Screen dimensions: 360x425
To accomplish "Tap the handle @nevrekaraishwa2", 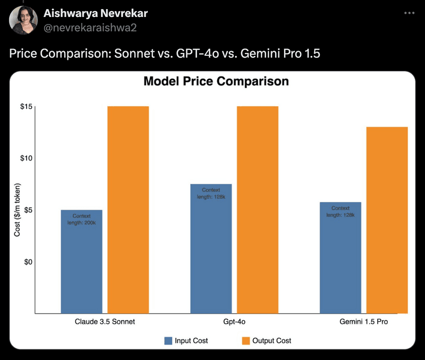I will click(90, 28).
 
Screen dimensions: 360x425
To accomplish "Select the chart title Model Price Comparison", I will click(216, 81).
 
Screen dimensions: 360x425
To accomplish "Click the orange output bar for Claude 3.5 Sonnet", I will click(128, 210).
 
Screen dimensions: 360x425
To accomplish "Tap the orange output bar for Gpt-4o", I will click(257, 210).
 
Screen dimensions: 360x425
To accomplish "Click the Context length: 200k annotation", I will click(81, 219).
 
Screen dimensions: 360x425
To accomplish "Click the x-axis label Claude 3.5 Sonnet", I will click(105, 322).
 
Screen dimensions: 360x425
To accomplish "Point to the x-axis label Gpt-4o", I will click(234, 322).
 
